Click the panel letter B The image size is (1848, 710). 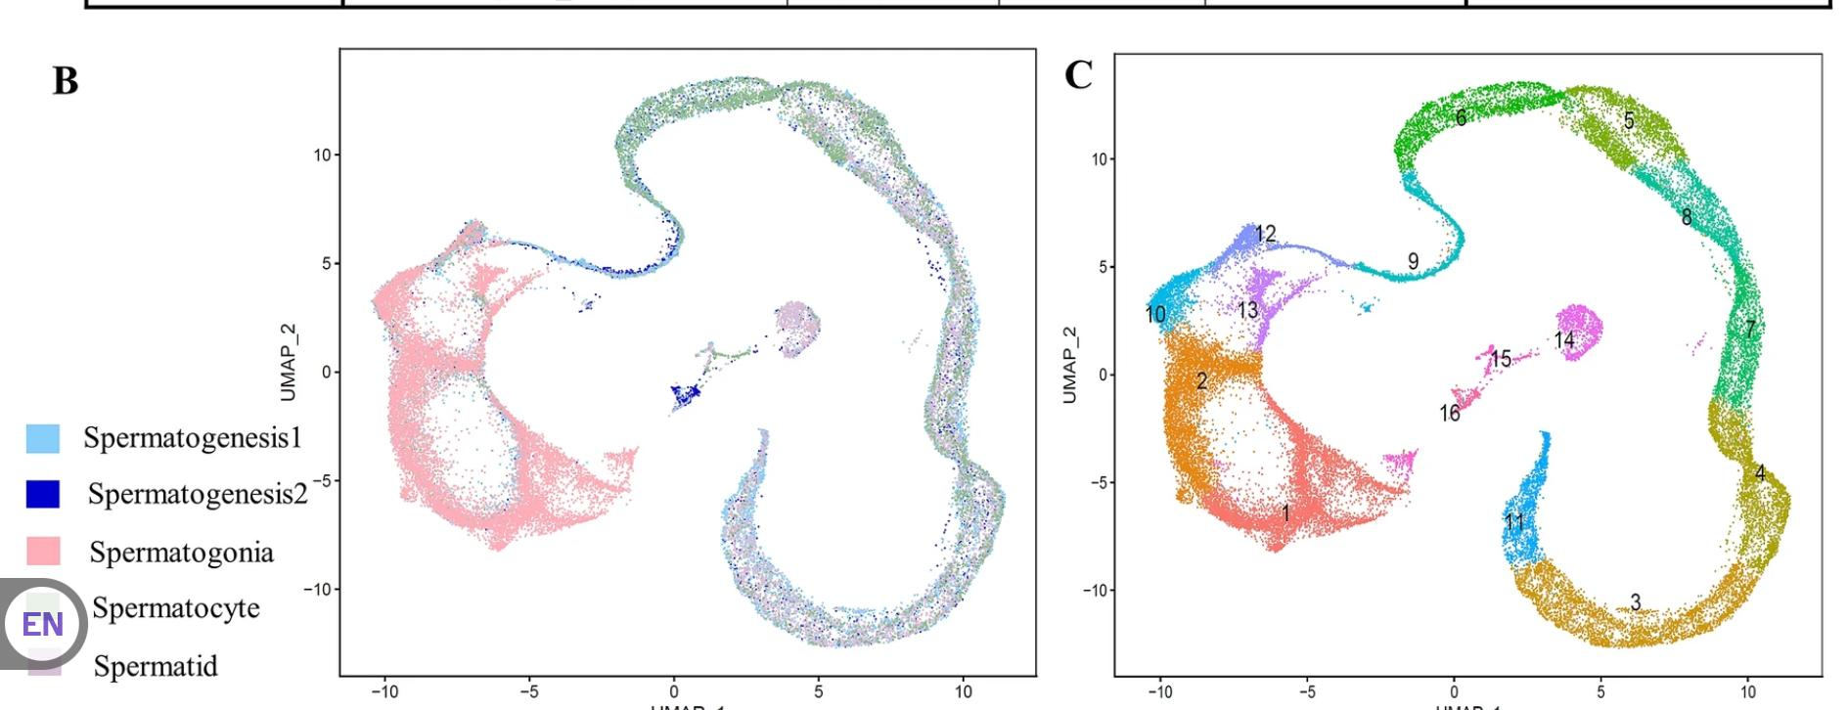click(x=65, y=80)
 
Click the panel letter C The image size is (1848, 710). click(x=1077, y=74)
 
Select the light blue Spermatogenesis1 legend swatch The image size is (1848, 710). click(x=43, y=438)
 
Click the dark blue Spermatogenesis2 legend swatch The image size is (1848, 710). click(x=43, y=494)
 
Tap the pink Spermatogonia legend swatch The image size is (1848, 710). click(x=43, y=552)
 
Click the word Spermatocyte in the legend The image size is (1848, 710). click(x=176, y=607)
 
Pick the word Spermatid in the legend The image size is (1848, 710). click(x=156, y=666)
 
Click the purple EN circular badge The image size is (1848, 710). click(x=42, y=623)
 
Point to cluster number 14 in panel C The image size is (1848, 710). click(x=1564, y=339)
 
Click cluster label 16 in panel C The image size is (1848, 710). click(x=1449, y=414)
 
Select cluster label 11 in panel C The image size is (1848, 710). click(x=1514, y=521)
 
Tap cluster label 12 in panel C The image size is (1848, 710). click(x=1265, y=234)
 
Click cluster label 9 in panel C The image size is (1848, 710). click(x=1413, y=261)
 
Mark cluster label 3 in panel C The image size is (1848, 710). click(x=1635, y=601)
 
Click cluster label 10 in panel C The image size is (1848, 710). click(x=1155, y=314)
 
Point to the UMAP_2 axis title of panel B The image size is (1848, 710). click(x=288, y=362)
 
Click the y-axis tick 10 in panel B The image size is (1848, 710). click(x=321, y=155)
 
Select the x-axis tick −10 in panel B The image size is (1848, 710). click(x=383, y=691)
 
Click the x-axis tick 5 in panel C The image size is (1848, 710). click(x=1600, y=691)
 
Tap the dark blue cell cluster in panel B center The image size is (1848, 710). click(x=686, y=395)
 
